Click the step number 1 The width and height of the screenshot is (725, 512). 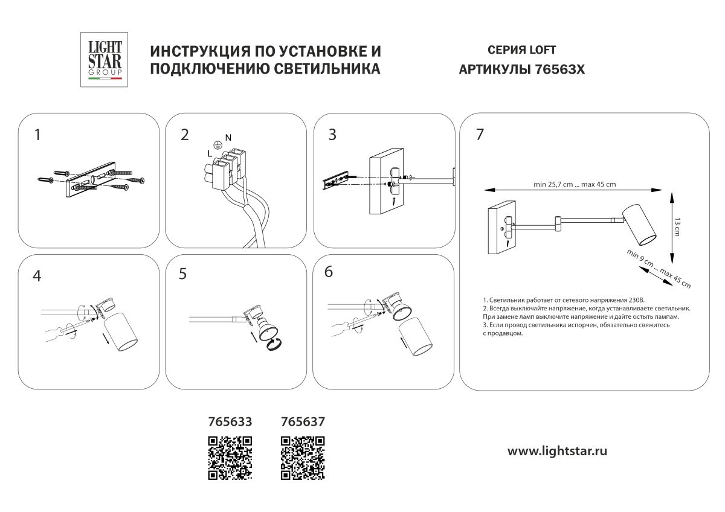tap(38, 135)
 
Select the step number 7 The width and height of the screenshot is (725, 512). tap(480, 135)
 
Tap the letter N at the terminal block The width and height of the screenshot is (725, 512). tap(228, 138)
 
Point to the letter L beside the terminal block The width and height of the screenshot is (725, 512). tap(208, 155)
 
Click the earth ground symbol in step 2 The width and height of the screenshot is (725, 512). tap(217, 146)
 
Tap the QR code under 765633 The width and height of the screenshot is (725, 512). tap(230, 457)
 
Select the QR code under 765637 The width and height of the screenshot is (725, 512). tap(304, 457)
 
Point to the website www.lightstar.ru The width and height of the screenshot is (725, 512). tap(557, 450)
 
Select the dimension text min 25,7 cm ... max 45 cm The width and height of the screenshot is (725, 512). tap(575, 185)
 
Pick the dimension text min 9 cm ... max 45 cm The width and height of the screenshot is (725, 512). tap(659, 267)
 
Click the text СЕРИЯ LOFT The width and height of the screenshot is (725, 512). tap(521, 50)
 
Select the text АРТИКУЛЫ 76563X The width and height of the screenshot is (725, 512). tap(522, 69)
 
